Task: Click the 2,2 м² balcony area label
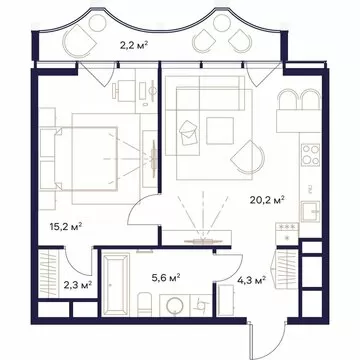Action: (134, 45)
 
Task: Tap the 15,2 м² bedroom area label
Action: (66, 227)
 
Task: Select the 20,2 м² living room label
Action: (267, 200)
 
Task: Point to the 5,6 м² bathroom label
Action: (166, 278)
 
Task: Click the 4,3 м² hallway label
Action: (251, 280)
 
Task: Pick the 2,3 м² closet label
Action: (78, 285)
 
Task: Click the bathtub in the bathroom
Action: (116, 284)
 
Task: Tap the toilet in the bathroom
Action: (145, 304)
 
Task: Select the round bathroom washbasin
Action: (174, 306)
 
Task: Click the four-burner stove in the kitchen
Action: (311, 155)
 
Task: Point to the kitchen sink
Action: (310, 212)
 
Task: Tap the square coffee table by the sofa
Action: (219, 130)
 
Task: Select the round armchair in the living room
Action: (247, 158)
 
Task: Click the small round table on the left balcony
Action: (98, 23)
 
